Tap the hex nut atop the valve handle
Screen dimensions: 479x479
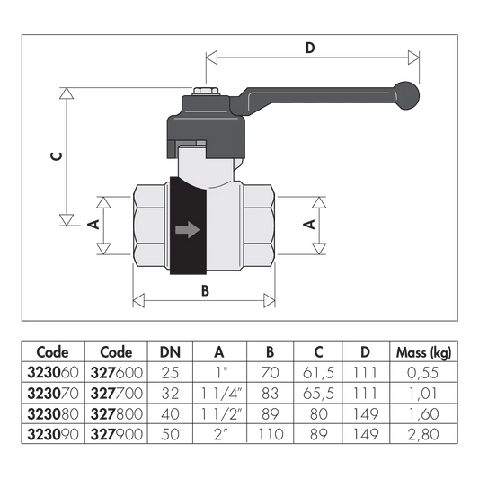point(206,91)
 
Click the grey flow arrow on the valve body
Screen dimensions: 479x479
point(188,229)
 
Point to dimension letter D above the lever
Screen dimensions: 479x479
point(310,48)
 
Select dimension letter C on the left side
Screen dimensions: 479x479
point(57,156)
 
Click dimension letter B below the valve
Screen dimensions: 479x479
point(205,290)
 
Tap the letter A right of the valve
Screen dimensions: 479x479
point(309,225)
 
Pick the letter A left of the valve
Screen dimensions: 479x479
point(93,225)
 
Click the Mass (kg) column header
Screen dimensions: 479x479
point(423,352)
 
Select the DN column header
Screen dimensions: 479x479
point(170,352)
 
